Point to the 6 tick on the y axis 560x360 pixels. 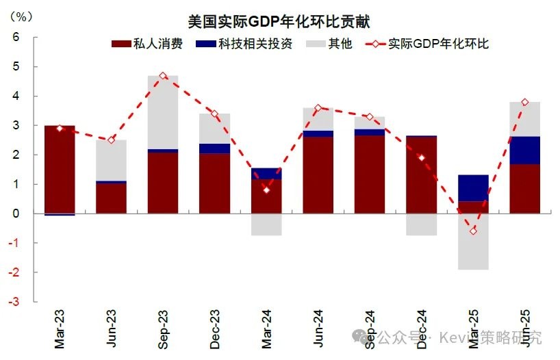15,37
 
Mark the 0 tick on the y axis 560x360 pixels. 15,214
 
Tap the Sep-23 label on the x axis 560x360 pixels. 163,331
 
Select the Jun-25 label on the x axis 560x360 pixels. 525,331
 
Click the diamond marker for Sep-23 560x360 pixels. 163,76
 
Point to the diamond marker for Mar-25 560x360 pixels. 473,231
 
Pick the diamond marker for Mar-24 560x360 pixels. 266,190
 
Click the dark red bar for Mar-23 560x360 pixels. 60,170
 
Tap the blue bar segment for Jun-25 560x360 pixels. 525,150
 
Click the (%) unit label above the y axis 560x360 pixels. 21,16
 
